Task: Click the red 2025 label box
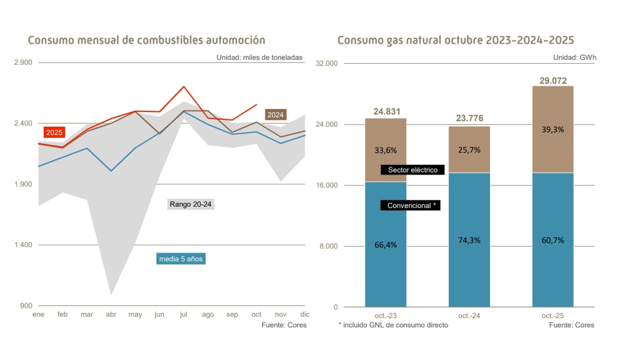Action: pyautogui.click(x=54, y=132)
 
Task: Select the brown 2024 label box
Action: pyautogui.click(x=276, y=115)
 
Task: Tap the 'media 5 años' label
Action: pyautogui.click(x=182, y=259)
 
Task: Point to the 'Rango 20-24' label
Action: pyautogui.click(x=191, y=204)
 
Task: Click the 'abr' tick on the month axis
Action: pyautogui.click(x=111, y=314)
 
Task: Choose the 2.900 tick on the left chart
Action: pyautogui.click(x=23, y=63)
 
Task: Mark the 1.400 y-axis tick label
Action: pyautogui.click(x=23, y=245)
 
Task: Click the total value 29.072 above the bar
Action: pyautogui.click(x=552, y=81)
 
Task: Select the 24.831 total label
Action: pyautogui.click(x=385, y=112)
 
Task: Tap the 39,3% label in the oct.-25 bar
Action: pyautogui.click(x=552, y=129)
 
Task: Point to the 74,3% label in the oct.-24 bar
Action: pyautogui.click(x=469, y=240)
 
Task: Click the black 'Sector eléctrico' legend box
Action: pyautogui.click(x=413, y=170)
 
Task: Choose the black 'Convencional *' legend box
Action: pyautogui.click(x=410, y=205)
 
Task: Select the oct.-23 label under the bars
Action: pyautogui.click(x=385, y=316)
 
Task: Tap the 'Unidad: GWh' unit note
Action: pyautogui.click(x=574, y=57)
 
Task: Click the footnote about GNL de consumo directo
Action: pyautogui.click(x=393, y=325)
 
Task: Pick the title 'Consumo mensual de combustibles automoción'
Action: pyautogui.click(x=147, y=41)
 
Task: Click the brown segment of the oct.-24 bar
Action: pyautogui.click(x=469, y=149)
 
